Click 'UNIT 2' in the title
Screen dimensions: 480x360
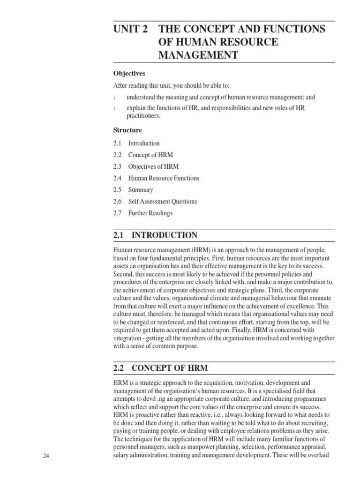131,29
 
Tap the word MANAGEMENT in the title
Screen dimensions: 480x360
198,56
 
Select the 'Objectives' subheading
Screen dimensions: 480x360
129,74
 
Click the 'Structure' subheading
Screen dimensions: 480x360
127,130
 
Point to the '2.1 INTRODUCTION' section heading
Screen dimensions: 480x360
156,235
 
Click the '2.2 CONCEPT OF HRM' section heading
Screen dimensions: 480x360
161,368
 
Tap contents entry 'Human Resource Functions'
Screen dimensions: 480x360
164,178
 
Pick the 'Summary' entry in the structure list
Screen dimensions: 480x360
141,190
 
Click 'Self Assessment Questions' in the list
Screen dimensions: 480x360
163,202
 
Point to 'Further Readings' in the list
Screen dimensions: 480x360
150,213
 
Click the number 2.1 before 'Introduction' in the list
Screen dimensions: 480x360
117,143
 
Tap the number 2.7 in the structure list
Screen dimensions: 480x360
117,213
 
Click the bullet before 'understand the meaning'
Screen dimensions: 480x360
114,98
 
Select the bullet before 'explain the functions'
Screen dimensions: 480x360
114,109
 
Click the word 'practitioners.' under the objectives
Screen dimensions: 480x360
143,116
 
